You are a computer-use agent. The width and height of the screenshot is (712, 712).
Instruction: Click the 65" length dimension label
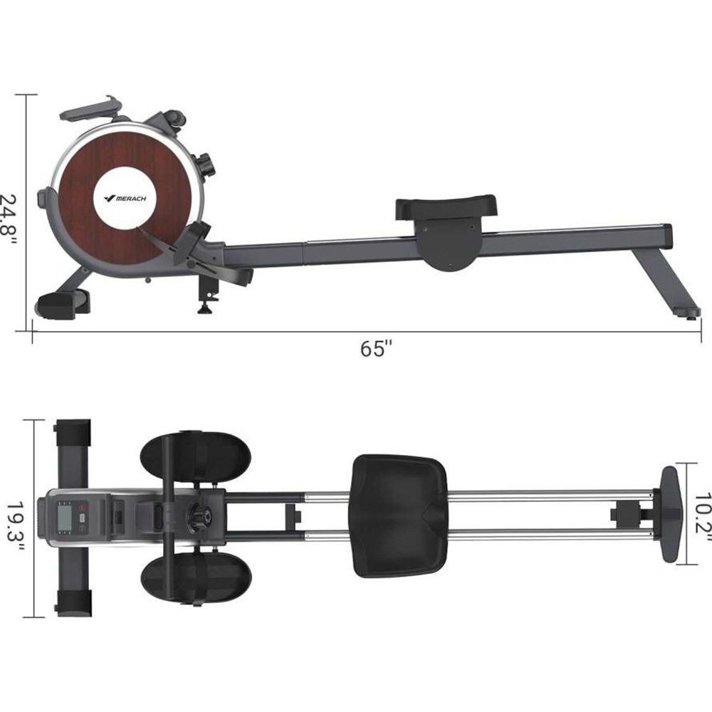(x=376, y=348)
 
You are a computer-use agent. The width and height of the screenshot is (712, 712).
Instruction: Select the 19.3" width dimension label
(x=15, y=522)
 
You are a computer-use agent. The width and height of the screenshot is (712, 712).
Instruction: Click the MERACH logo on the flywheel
(x=125, y=198)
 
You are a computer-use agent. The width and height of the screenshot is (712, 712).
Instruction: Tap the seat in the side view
(x=446, y=207)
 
